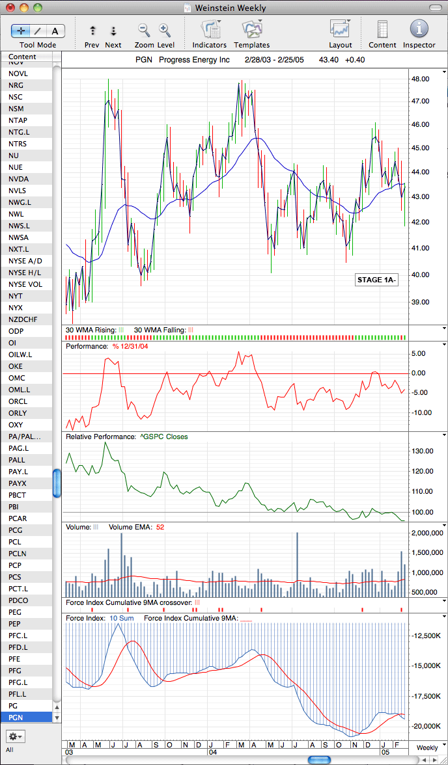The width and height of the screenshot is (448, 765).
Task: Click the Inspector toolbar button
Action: [419, 29]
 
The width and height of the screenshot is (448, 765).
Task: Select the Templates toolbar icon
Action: [252, 29]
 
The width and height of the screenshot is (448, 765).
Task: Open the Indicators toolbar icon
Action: [210, 29]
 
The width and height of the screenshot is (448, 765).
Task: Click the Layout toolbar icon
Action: [341, 29]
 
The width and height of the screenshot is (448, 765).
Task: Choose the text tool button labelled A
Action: [55, 31]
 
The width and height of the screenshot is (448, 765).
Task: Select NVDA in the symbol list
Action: [19, 179]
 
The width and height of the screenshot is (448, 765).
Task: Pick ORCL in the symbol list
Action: [18, 401]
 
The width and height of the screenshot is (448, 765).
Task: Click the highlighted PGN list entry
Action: [27, 718]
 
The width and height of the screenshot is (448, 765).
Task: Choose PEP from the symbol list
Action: [15, 624]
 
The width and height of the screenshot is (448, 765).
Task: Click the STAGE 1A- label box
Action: [376, 280]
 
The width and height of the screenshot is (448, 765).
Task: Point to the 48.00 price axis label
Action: [421, 79]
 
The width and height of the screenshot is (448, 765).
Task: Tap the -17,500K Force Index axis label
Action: [427, 696]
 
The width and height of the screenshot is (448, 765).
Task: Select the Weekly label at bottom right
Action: [427, 748]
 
